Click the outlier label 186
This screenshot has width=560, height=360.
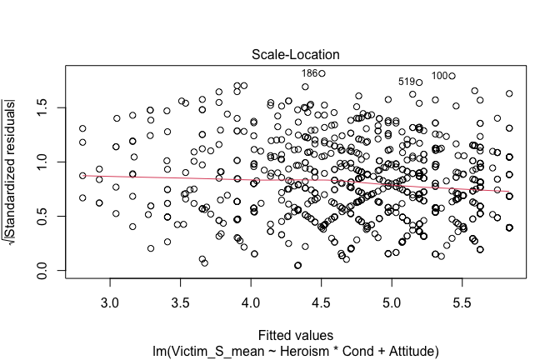309,73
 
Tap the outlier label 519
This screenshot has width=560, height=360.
407,82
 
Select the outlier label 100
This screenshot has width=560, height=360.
440,75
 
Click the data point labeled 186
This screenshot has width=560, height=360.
322,73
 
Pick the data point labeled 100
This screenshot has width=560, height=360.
452,76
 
